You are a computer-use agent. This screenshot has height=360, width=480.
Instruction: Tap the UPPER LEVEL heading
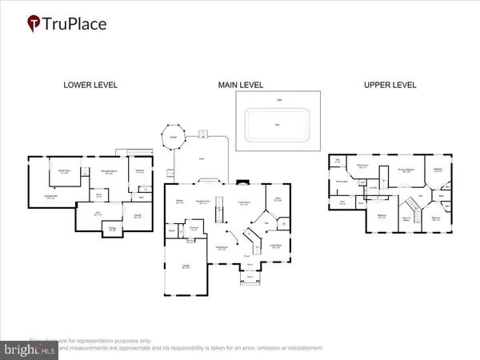pyautogui.click(x=390, y=84)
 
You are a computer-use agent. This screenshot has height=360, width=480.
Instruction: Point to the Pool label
pyautogui.click(x=278, y=125)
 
